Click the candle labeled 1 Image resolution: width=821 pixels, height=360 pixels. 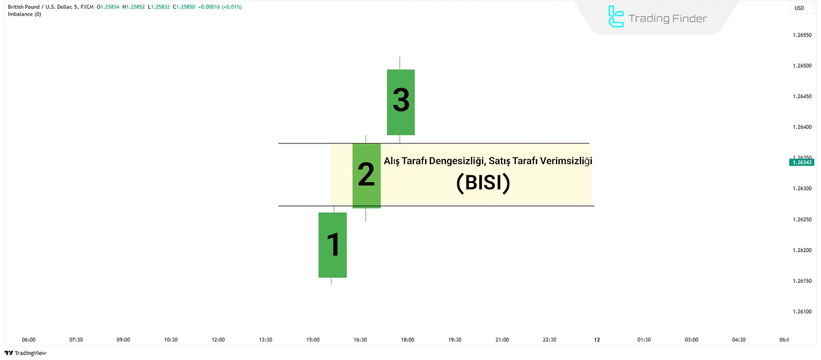(x=333, y=245)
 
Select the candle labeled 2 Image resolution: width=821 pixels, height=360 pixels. (x=366, y=176)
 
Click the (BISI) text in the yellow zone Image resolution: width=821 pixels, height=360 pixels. (x=483, y=183)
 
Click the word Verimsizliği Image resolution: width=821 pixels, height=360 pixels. (x=566, y=161)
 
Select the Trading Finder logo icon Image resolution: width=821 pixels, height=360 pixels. (x=616, y=17)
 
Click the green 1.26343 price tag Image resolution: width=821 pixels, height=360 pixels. (x=801, y=162)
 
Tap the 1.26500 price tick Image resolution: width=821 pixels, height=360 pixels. (x=802, y=66)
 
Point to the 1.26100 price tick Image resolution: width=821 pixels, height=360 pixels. (x=802, y=312)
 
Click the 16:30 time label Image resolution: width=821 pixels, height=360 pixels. (x=360, y=340)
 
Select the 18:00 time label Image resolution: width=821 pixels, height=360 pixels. (x=408, y=340)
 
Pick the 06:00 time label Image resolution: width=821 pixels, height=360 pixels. (x=29, y=340)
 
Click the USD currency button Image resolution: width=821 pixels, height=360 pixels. (x=799, y=8)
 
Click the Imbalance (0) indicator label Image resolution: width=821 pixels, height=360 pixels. (x=24, y=14)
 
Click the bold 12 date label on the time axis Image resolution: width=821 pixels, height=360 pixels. (x=597, y=340)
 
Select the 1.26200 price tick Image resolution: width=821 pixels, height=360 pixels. (x=802, y=250)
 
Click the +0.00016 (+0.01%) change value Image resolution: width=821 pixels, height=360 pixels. (x=220, y=7)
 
